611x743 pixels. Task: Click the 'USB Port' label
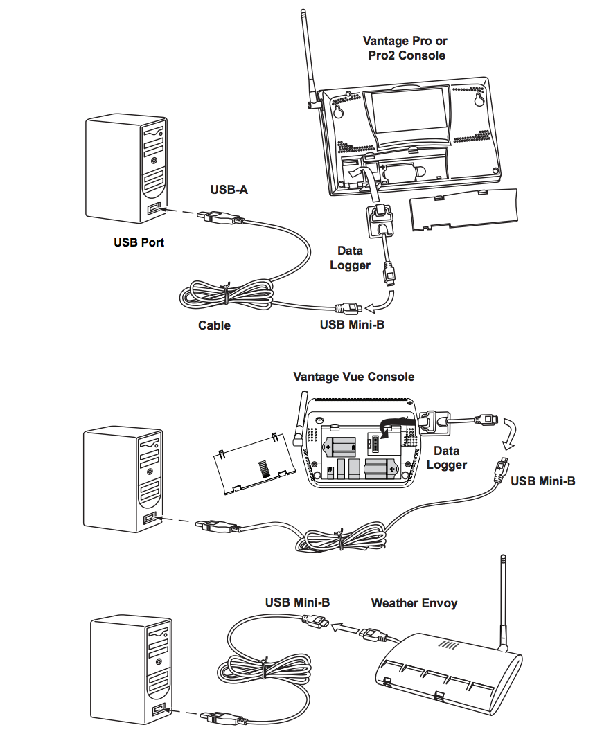coord(139,243)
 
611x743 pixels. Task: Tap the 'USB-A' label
coord(229,190)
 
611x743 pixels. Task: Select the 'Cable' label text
coord(214,325)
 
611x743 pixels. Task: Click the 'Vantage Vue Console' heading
coord(353,377)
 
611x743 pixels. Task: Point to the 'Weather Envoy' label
coord(414,603)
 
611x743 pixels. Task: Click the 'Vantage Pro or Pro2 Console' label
coord(405,48)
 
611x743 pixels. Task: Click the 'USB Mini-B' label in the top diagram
coord(352,325)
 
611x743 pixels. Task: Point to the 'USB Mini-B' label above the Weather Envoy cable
coord(297,602)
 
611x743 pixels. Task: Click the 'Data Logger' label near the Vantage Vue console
coord(447,458)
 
